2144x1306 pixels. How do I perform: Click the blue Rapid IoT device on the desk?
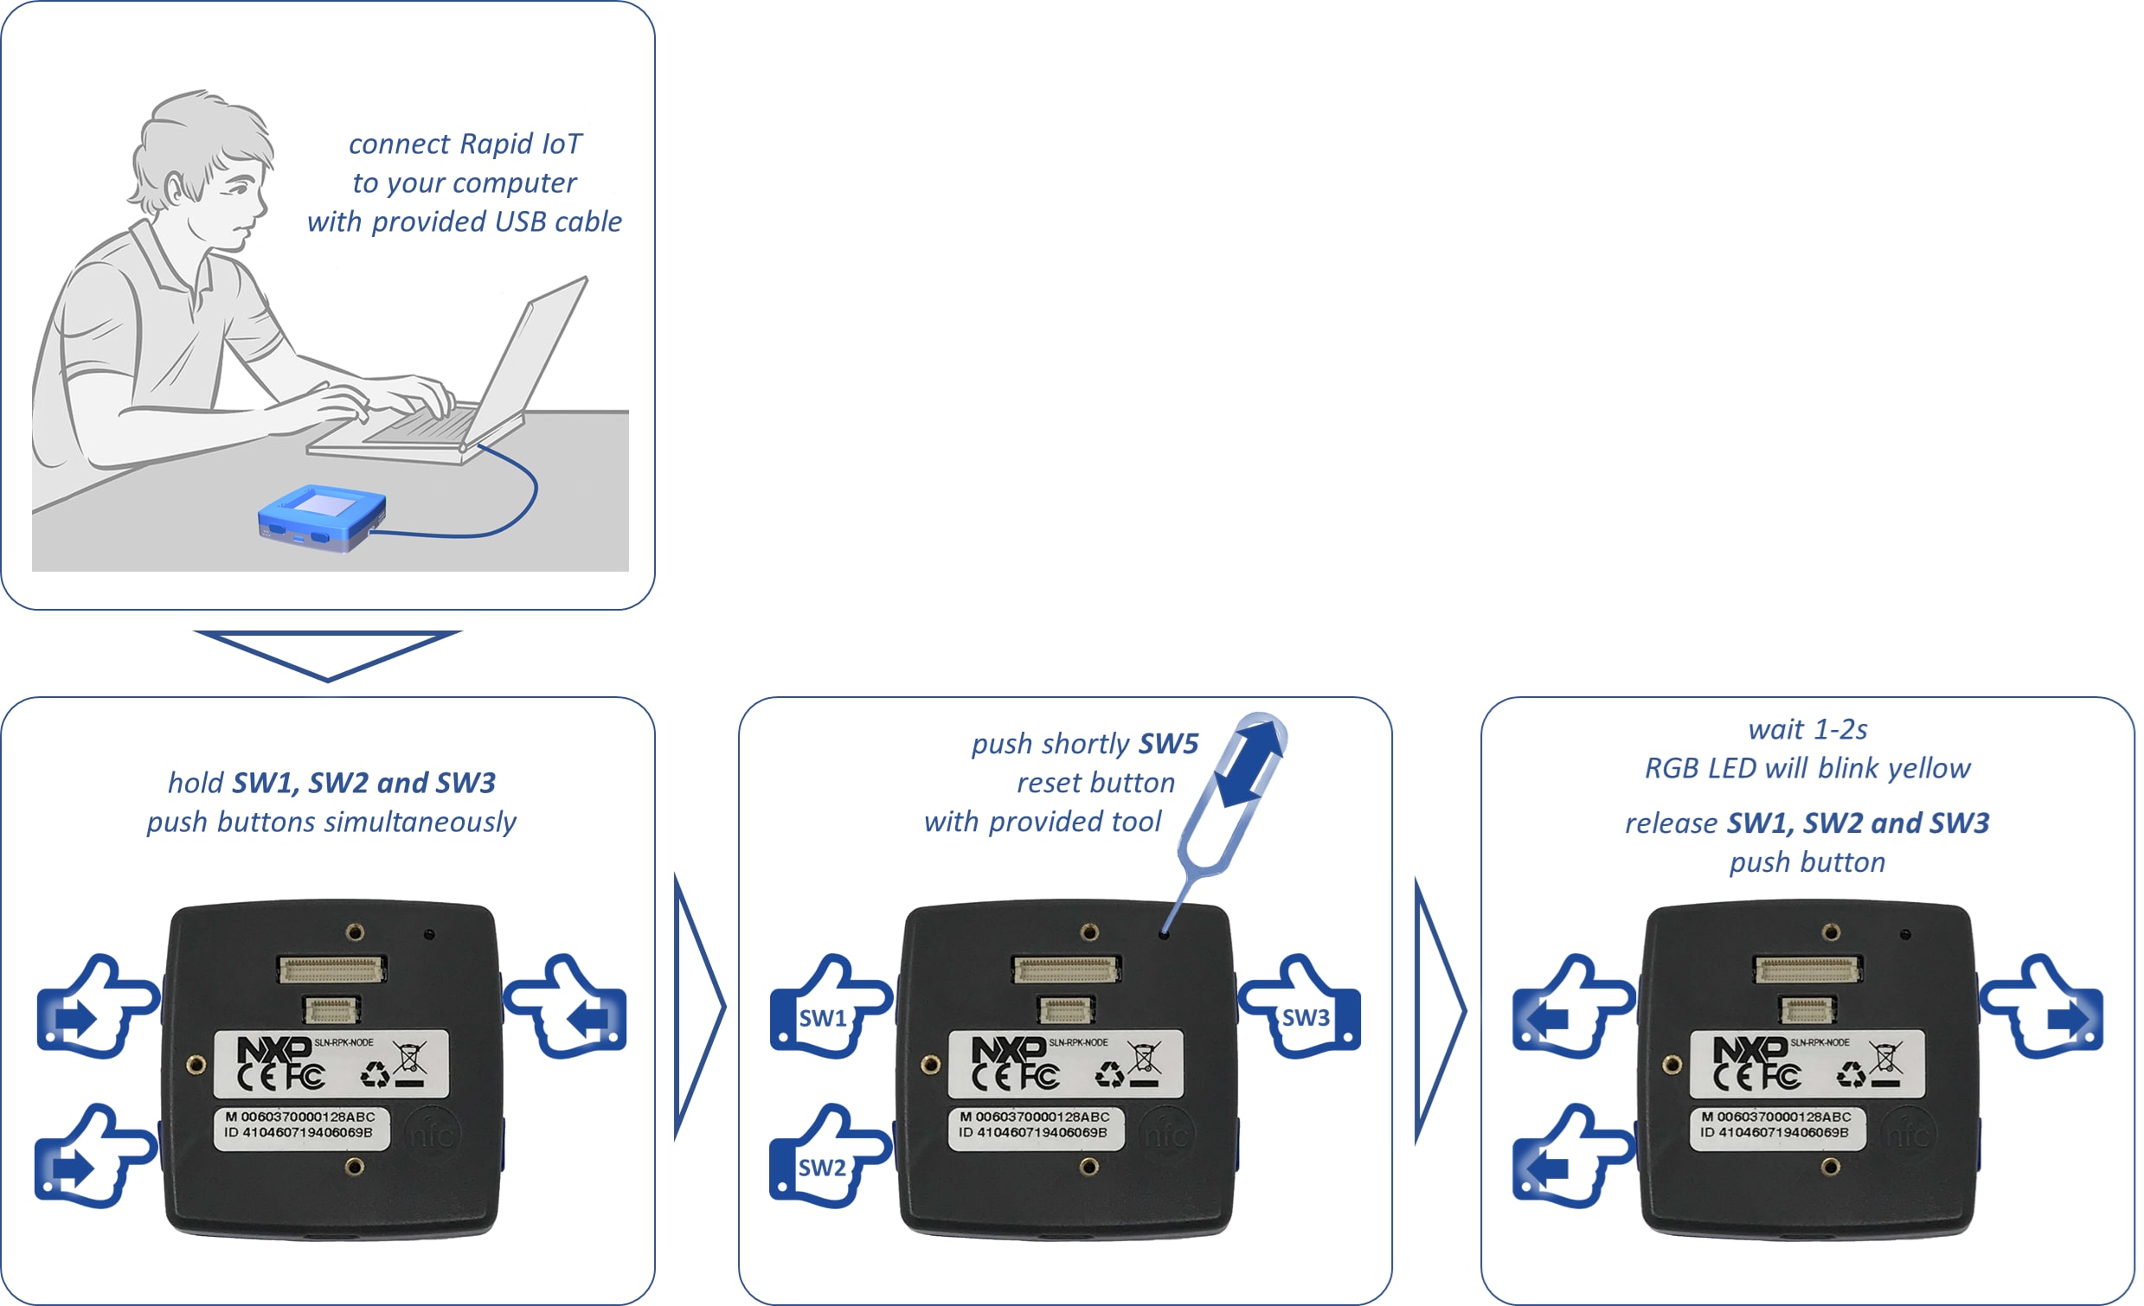323,518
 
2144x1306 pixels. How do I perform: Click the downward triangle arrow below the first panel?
327,654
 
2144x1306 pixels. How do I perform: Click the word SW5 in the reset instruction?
1169,744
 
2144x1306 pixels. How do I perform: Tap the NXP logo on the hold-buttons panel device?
273,1049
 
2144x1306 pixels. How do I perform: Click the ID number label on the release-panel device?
1775,1133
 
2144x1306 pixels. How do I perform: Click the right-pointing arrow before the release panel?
1439,1009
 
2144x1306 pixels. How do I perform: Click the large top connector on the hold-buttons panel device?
331,969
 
